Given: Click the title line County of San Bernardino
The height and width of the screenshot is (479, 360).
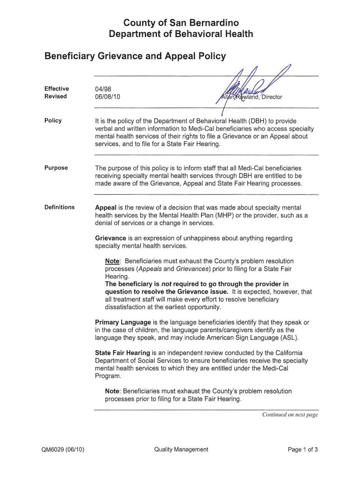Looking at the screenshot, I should click(x=180, y=23).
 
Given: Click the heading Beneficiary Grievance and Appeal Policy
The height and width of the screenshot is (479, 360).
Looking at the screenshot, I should click(x=135, y=57).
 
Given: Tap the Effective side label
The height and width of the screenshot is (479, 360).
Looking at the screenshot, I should click(x=57, y=89).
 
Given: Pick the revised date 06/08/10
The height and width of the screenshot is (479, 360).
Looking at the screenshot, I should click(x=108, y=97).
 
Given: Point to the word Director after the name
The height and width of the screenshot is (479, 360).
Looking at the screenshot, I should click(x=272, y=97).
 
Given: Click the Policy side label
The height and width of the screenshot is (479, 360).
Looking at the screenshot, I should click(x=53, y=121).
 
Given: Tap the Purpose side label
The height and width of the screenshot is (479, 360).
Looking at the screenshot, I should click(x=56, y=168).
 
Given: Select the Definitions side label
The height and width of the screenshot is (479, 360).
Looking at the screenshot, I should click(x=59, y=207).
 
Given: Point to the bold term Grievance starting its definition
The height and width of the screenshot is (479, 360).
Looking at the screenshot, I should click(x=110, y=238).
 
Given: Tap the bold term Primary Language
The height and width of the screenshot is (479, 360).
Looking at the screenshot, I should click(x=123, y=323).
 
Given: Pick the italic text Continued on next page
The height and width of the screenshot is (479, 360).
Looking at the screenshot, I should click(x=290, y=414).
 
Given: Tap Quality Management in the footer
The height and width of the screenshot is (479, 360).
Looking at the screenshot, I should click(x=181, y=450).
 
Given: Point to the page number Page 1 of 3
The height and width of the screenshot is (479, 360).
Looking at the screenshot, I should click(x=303, y=450).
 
